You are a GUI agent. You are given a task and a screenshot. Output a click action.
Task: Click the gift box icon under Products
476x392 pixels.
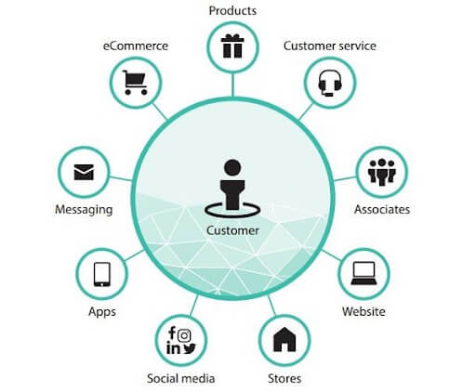(232, 46)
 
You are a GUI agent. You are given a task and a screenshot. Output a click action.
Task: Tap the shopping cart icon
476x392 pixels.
(135, 83)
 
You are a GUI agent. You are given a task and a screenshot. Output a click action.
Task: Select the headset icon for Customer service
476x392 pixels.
(330, 84)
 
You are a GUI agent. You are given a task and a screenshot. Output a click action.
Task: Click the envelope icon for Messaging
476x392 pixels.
(84, 172)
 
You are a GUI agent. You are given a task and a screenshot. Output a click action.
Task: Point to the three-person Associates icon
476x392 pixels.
(382, 172)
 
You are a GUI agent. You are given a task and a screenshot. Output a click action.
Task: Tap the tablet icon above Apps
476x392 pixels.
(102, 274)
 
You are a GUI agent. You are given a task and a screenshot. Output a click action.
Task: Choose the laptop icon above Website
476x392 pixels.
(364, 273)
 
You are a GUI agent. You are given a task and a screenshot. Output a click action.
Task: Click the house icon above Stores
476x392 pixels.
(284, 340)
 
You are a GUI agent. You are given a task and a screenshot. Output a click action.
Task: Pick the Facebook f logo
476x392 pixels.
(172, 333)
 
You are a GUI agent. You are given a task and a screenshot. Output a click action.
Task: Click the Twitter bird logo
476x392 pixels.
(190, 348)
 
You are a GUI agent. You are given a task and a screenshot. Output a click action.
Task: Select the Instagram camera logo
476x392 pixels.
(184, 335)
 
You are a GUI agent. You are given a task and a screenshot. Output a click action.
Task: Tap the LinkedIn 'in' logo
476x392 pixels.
(173, 347)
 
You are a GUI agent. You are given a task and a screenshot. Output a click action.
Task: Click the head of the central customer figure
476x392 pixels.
(232, 168)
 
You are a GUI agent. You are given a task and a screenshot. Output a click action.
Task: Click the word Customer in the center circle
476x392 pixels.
(232, 230)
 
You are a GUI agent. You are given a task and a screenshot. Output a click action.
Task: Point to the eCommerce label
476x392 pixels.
(136, 46)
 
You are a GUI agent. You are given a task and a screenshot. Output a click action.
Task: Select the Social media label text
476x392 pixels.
(181, 378)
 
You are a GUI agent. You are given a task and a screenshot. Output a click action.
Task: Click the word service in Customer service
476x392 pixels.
(357, 46)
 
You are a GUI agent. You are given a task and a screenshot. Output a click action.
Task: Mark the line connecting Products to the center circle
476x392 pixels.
(232, 85)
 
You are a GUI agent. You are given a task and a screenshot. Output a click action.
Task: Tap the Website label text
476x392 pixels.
(364, 311)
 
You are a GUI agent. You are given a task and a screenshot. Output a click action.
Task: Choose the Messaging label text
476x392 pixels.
(84, 210)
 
